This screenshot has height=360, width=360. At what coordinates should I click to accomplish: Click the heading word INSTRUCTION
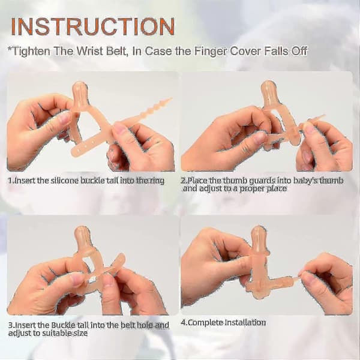click(x=93, y=26)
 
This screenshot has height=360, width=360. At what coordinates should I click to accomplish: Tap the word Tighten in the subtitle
click(x=31, y=51)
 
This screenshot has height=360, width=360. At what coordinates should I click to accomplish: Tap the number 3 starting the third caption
click(x=11, y=325)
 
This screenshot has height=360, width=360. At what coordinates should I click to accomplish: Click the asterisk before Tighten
click(x=10, y=49)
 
